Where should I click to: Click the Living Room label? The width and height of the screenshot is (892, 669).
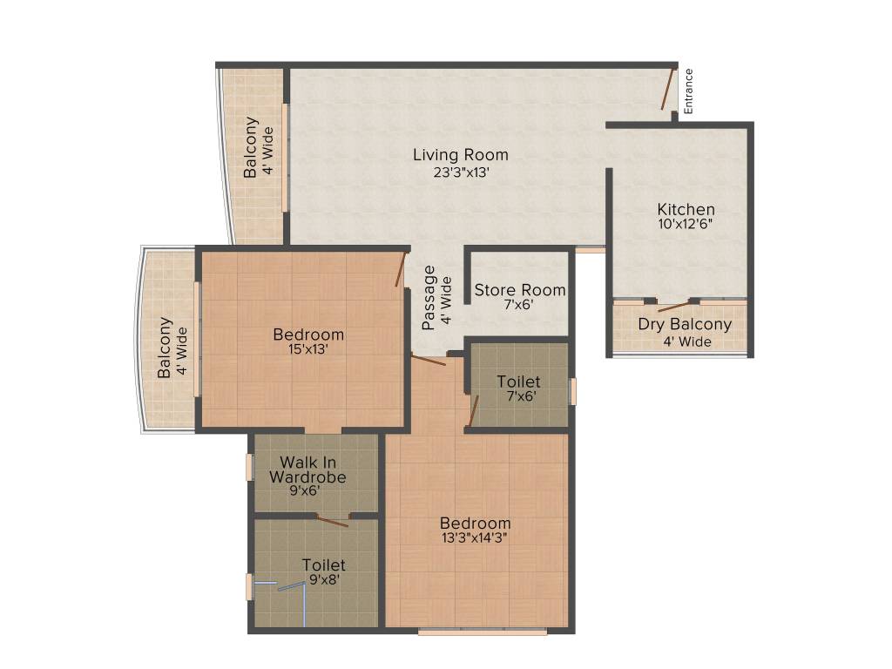(x=460, y=155)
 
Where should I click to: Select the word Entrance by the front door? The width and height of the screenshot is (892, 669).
(x=688, y=91)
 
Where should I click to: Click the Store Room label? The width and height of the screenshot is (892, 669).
(x=519, y=290)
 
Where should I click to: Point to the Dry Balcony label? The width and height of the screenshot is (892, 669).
(x=685, y=325)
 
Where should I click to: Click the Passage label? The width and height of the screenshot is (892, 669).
(x=429, y=298)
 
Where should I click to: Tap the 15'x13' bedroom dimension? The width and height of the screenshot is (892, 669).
(x=308, y=349)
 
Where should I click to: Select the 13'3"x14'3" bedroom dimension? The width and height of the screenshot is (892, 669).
(x=475, y=537)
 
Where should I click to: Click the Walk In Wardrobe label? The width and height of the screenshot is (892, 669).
(x=307, y=470)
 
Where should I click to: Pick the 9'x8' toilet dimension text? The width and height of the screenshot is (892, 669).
(x=323, y=578)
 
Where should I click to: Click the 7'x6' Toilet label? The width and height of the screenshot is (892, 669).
(x=518, y=382)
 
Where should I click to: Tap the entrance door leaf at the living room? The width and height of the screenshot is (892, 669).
(x=668, y=90)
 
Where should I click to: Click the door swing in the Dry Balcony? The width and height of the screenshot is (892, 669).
(x=676, y=306)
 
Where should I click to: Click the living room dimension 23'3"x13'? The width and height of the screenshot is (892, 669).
(x=460, y=172)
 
